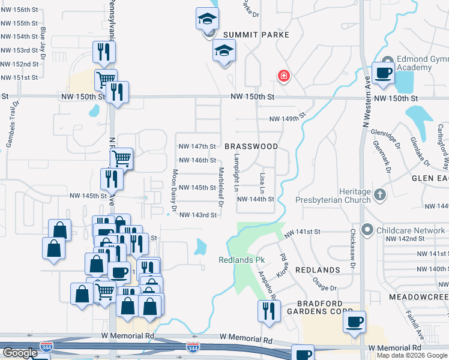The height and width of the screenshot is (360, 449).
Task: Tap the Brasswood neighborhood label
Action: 251,146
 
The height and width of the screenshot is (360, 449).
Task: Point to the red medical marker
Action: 283,76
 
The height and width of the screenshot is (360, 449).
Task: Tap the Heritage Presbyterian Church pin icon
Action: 379,194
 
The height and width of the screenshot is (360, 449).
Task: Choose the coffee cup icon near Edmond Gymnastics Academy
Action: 383,73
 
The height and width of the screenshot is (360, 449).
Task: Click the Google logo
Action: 20,353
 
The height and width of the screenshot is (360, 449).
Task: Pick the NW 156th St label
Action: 19,10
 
